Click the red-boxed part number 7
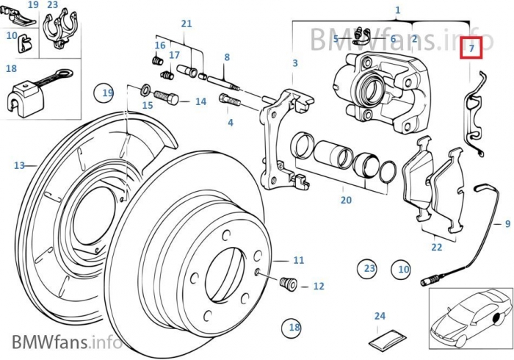(471, 48)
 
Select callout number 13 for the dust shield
(19, 165)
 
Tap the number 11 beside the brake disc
(298, 260)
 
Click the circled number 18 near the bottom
(294, 328)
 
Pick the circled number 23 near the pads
(369, 269)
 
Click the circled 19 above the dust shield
(108, 93)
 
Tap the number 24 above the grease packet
(380, 317)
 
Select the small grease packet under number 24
(388, 339)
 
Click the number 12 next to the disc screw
(318, 286)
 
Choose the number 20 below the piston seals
(346, 200)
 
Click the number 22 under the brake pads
(437, 247)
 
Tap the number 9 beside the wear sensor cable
(507, 223)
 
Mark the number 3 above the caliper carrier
(295, 63)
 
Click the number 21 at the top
(187, 24)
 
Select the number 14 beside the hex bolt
(200, 101)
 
